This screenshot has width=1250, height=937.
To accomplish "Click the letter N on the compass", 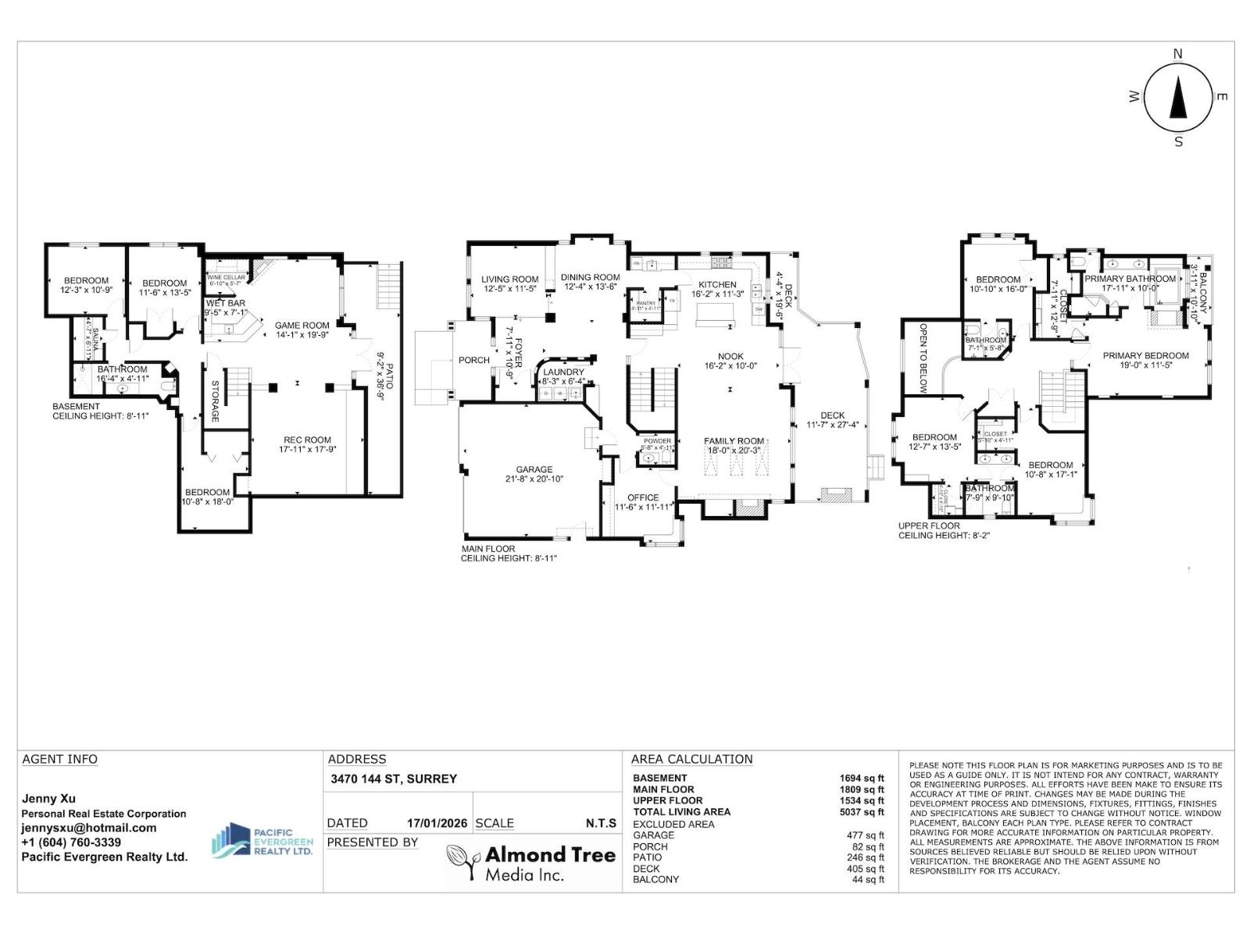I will point(1178,54).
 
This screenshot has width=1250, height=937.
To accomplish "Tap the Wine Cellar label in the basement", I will point(227,277).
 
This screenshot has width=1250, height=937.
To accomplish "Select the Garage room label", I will point(534,470).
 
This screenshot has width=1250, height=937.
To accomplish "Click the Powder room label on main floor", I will point(657,441).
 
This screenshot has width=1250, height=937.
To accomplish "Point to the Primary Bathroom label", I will point(1130,279).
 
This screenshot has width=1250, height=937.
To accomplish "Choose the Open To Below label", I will point(923,358).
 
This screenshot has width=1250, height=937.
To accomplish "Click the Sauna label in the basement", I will point(95,340).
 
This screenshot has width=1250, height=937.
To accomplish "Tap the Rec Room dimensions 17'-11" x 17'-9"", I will point(307,450).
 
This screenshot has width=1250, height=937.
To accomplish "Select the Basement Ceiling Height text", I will point(99,411).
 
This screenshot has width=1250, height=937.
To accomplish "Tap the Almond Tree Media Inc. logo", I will point(530,863).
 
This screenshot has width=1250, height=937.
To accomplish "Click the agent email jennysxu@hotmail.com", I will point(88,828).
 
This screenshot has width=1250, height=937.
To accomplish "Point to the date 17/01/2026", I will point(437,823).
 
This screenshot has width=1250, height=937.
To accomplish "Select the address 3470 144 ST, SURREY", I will point(394,778).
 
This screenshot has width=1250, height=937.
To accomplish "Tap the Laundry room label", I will point(563,372).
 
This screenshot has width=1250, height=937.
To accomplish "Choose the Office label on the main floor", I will point(643,497).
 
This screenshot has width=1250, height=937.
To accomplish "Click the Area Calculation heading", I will point(691,759).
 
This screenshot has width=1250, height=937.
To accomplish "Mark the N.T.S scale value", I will point(601,823).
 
